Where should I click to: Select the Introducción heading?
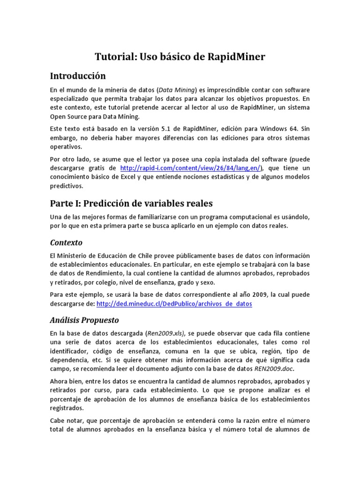click(78, 76)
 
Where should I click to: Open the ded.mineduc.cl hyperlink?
click(174, 304)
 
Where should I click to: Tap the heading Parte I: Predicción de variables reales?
click(131, 203)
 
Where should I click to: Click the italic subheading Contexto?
click(66, 242)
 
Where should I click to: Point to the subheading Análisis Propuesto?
click(84, 320)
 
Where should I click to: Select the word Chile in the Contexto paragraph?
click(139, 255)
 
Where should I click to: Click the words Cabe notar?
click(65, 420)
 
